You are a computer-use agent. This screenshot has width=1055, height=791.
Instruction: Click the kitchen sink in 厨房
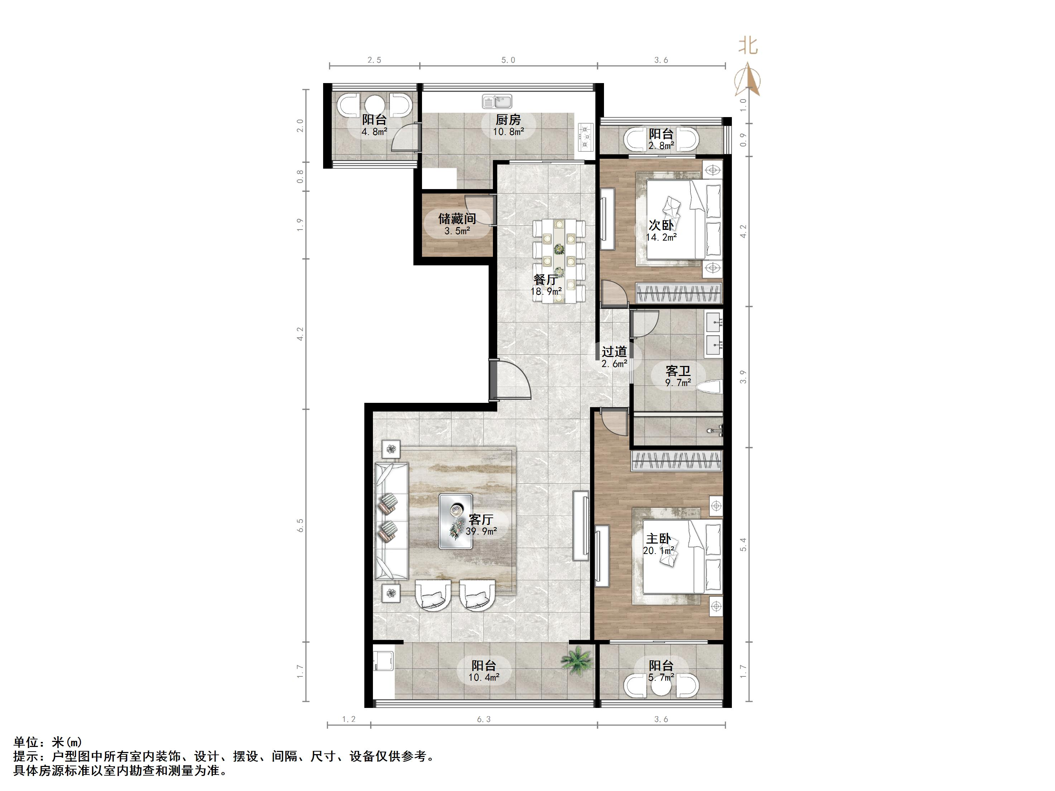click(497, 102)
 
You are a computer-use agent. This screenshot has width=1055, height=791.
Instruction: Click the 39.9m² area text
click(482, 531)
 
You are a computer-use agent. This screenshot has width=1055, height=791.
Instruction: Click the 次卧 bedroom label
click(661, 225)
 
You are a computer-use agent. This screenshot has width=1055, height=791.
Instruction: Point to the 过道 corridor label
click(614, 352)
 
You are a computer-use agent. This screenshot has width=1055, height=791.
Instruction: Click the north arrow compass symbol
click(747, 81)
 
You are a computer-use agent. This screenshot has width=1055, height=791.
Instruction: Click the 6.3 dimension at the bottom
click(484, 719)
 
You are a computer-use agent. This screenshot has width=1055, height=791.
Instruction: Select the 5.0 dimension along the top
click(508, 60)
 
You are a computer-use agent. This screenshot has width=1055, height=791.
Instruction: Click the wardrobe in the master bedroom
click(676, 460)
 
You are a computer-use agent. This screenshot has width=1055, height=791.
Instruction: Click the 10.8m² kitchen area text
click(508, 132)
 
